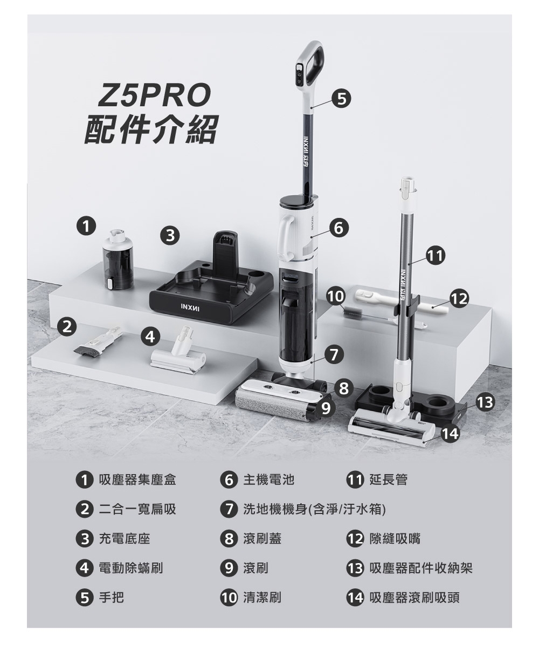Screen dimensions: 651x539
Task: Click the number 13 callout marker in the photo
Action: point(485,402)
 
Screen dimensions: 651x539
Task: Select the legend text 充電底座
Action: point(125,538)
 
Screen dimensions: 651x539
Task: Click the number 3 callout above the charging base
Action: point(170,235)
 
